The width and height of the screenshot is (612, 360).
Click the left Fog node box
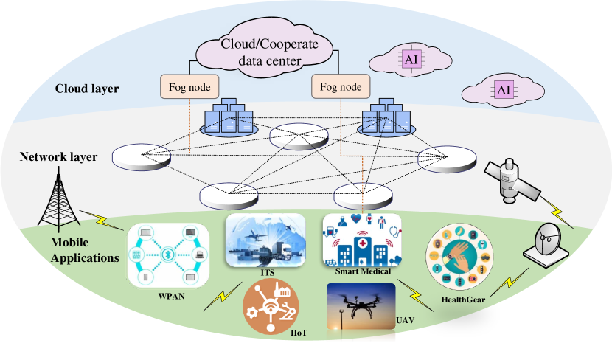[189, 86]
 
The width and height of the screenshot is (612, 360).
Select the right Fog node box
[341, 86]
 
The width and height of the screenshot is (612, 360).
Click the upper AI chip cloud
[411, 60]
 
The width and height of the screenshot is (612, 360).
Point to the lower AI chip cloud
[503, 90]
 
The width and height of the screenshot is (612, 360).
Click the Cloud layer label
[87, 89]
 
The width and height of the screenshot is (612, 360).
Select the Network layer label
[58, 156]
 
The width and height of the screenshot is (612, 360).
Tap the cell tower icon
[59, 198]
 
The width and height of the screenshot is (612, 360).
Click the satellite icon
[511, 180]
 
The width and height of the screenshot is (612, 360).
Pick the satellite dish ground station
[546, 245]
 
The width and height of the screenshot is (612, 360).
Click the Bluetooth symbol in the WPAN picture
[167, 255]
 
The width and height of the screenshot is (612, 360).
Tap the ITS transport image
[265, 240]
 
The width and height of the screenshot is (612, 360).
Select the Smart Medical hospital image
[362, 240]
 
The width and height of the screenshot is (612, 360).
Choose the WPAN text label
[171, 296]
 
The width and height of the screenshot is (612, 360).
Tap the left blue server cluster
[229, 117]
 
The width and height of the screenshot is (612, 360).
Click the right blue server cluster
[386, 117]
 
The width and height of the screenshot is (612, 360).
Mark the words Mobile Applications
[85, 250]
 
